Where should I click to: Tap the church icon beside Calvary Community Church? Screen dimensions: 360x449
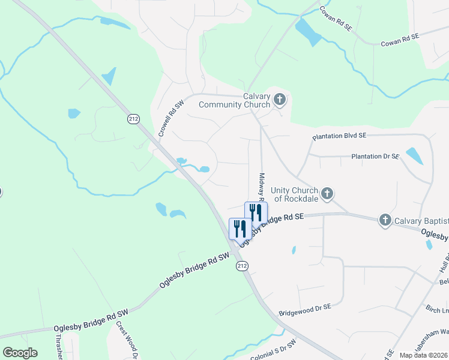(x=279, y=99)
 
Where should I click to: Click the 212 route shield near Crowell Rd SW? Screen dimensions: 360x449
(x=133, y=119)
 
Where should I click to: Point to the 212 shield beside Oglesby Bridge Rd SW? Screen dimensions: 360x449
(x=241, y=265)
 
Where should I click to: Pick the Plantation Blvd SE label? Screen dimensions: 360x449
(x=339, y=137)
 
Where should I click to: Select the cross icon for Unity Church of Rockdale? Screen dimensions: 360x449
(x=327, y=193)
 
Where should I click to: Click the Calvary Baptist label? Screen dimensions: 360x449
(x=421, y=221)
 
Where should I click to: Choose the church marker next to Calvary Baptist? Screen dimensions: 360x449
(x=385, y=221)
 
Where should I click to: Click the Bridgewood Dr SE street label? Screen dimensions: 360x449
(x=305, y=310)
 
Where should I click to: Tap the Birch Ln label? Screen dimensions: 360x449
(x=437, y=310)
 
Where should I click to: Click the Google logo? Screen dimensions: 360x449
(x=20, y=353)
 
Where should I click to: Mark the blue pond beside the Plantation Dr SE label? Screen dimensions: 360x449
(x=414, y=156)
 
